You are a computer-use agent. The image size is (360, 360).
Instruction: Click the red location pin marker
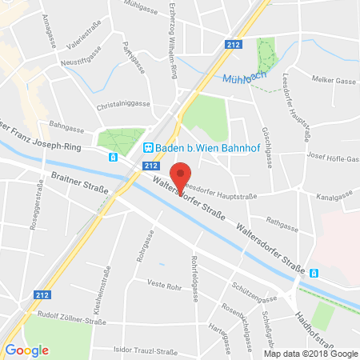[x=182, y=177]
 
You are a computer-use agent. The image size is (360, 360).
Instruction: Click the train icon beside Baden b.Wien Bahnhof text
[x=147, y=147]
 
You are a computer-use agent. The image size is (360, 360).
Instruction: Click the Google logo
[x=26, y=350]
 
